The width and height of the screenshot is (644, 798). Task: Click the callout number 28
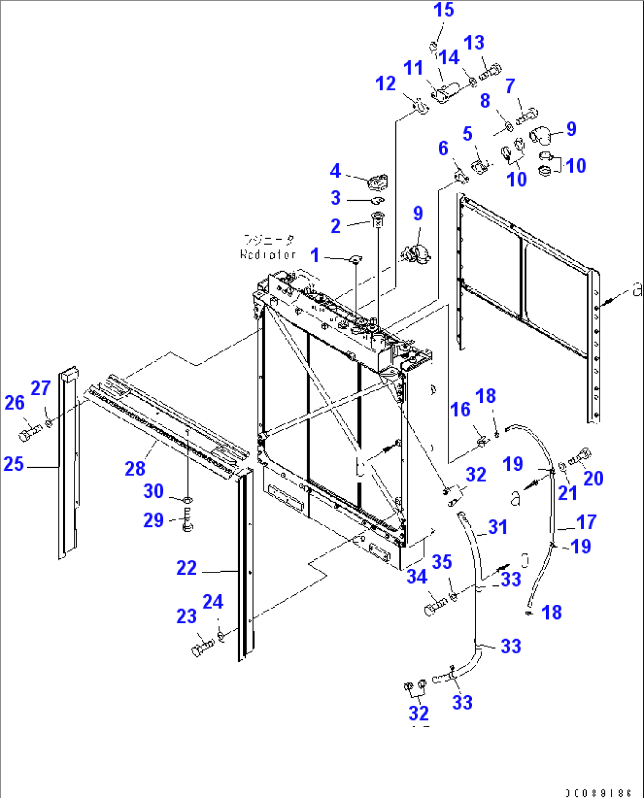coord(135,469)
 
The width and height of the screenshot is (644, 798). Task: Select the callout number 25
coord(14,464)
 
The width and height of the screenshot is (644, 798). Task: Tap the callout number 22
coord(186,568)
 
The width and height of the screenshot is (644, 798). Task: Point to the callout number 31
coord(497,527)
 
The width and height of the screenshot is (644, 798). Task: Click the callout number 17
coord(586,522)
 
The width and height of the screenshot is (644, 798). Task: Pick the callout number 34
coord(417,576)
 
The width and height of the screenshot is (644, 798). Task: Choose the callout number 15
coord(444,10)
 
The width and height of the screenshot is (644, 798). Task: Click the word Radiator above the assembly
coord(268,255)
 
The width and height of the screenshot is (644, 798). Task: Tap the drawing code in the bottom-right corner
coord(598,793)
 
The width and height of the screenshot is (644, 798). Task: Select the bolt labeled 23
coord(201,648)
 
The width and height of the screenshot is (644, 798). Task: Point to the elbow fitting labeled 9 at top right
coord(540,135)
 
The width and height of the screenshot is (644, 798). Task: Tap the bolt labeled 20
coord(581,456)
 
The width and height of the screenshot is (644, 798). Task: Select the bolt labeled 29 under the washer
coord(187,523)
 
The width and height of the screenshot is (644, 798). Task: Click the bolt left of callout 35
coord(435,606)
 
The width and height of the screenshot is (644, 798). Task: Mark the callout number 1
coord(315,255)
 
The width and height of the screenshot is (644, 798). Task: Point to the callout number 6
coord(443,148)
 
